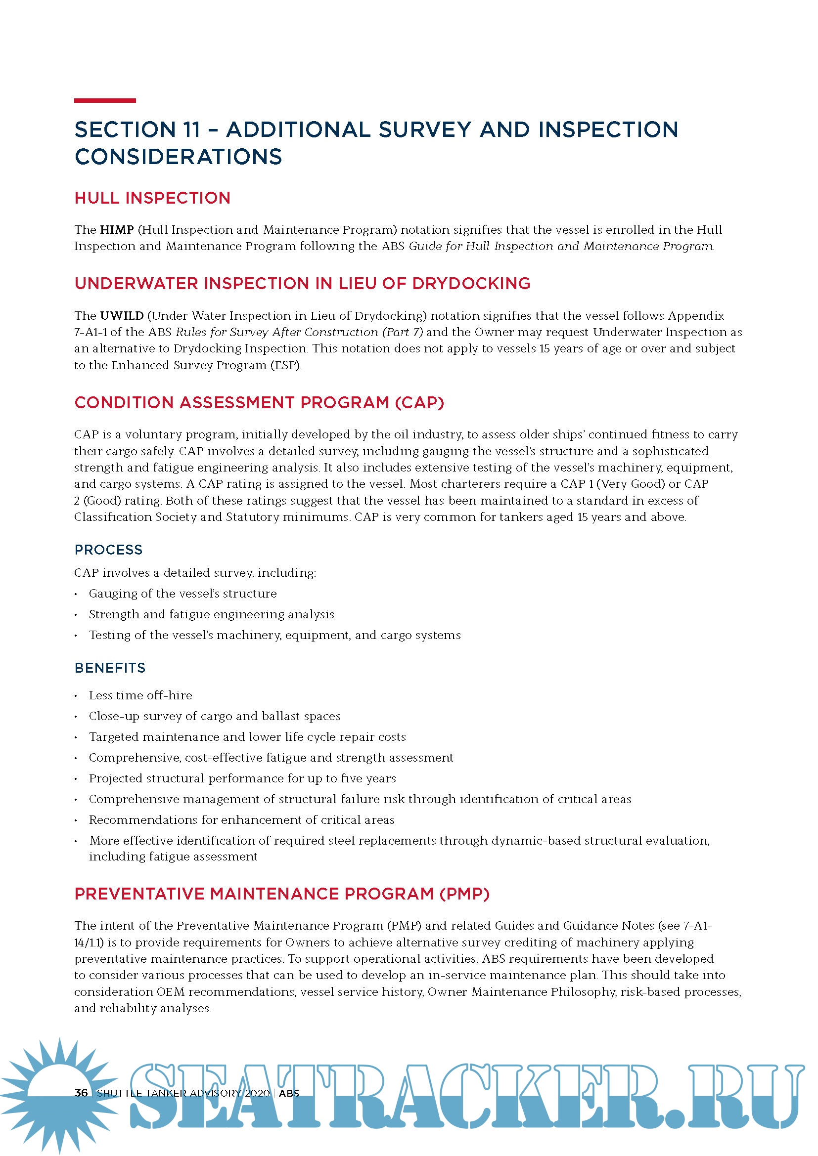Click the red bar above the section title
tap(105, 101)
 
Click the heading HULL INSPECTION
tap(152, 198)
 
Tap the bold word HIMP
tap(117, 230)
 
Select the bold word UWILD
tap(122, 316)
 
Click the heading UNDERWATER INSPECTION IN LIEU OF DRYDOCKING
tap(302, 284)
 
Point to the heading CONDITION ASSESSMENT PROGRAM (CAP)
tap(259, 403)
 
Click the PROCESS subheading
tap(108, 550)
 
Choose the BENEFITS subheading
tap(110, 668)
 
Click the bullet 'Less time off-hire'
tap(140, 695)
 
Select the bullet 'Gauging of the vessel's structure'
tap(183, 594)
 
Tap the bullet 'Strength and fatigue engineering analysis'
tap(212, 614)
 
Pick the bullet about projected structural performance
tap(242, 778)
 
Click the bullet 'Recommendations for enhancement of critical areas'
tap(242, 819)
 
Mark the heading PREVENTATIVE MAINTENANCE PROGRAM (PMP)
tap(282, 894)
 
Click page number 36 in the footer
tap(81, 1093)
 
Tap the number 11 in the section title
tap(192, 129)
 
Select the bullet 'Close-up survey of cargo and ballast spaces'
tap(215, 716)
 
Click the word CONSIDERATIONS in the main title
tap(179, 157)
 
